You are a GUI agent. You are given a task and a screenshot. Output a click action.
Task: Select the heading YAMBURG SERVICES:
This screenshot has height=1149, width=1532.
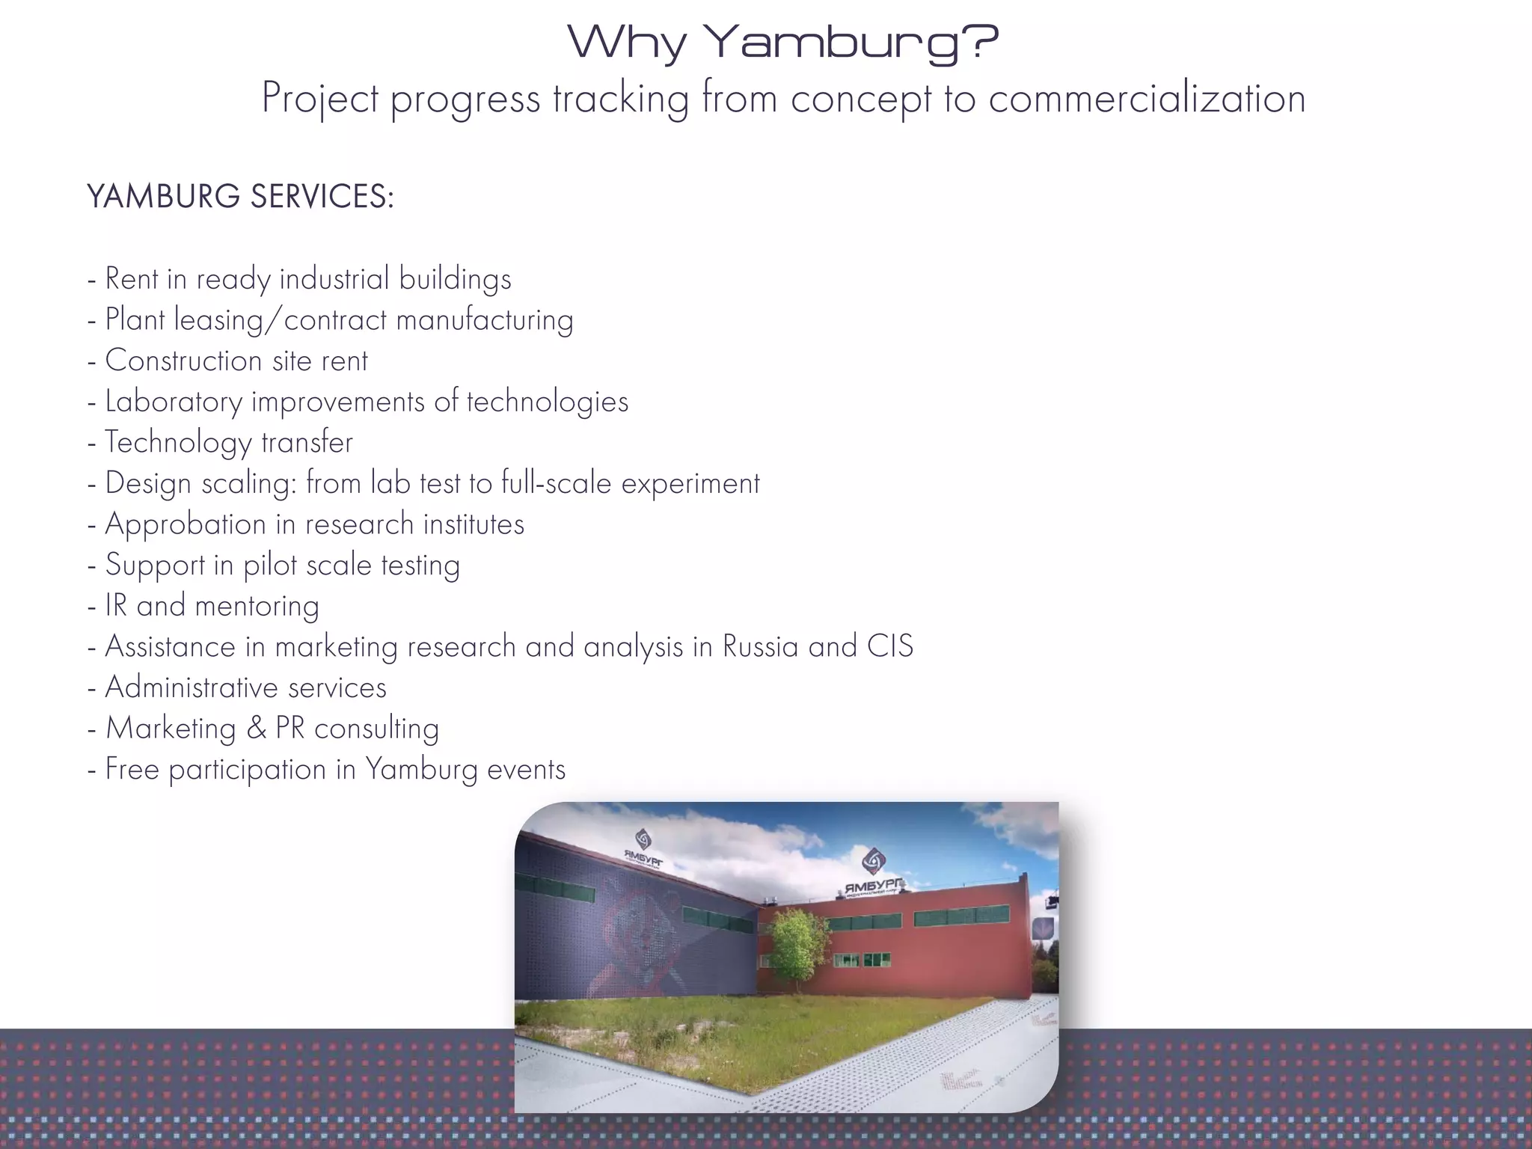(240, 197)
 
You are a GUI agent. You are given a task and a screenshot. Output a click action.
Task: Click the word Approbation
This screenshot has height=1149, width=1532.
(185, 524)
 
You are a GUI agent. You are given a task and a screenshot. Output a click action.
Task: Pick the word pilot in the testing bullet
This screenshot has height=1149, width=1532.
(269, 566)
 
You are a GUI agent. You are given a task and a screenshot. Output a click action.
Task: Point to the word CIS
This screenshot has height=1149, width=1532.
(889, 647)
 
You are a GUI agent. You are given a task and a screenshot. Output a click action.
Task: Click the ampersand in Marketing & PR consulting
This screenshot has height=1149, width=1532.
(256, 729)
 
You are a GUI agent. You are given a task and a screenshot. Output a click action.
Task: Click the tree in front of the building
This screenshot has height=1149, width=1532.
(798, 944)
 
